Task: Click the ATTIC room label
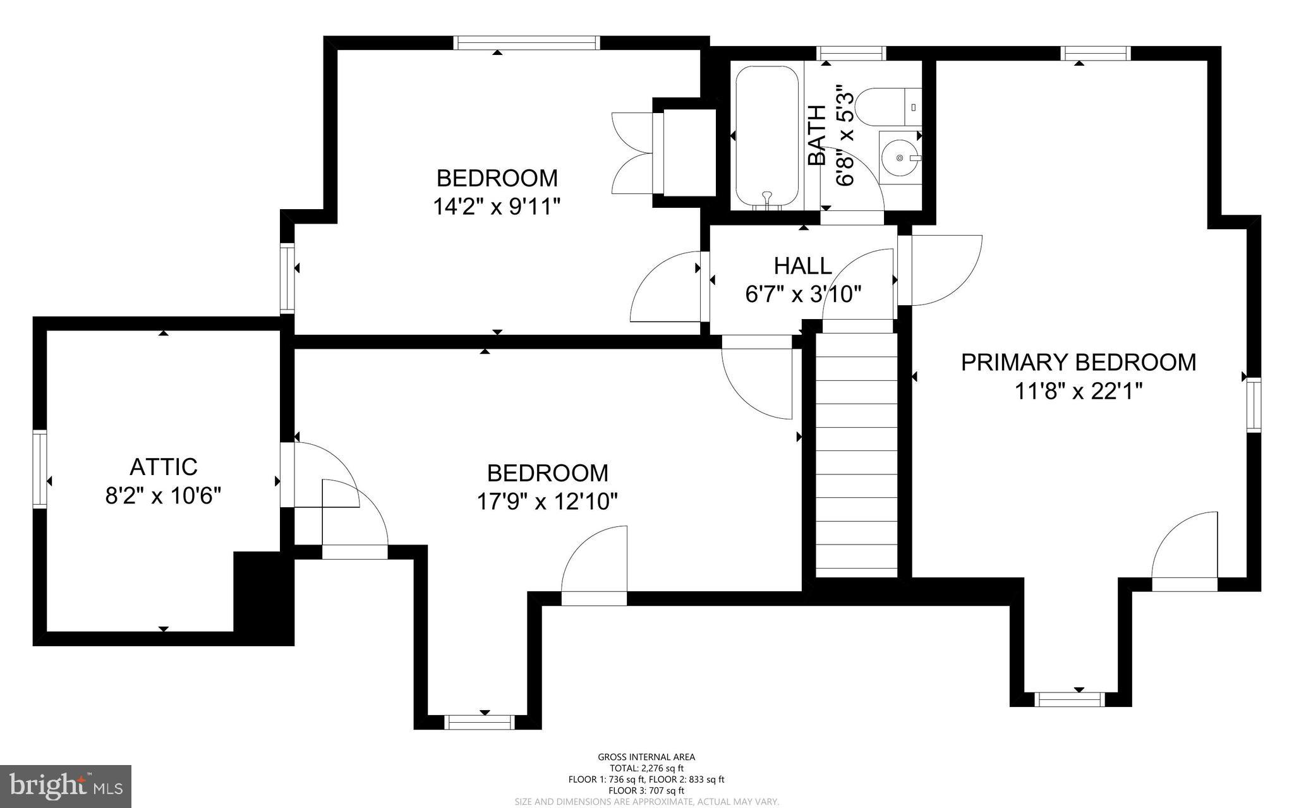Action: (x=163, y=467)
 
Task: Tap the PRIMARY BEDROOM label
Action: (x=1078, y=363)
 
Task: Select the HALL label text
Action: (x=802, y=266)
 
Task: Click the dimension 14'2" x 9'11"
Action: (x=497, y=207)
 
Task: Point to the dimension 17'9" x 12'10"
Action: (x=547, y=502)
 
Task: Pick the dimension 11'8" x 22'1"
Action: (x=1079, y=392)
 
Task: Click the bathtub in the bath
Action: (x=767, y=136)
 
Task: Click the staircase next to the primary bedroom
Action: (x=856, y=455)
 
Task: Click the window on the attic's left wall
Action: (x=40, y=468)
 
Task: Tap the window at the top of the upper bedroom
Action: (x=526, y=42)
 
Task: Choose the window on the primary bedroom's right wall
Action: (x=1254, y=404)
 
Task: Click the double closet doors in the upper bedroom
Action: (x=634, y=154)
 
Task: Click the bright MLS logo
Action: (x=66, y=786)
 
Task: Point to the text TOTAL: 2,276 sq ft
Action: (x=646, y=768)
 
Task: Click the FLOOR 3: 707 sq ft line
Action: (x=646, y=790)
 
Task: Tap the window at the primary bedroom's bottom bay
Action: (x=1069, y=699)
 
